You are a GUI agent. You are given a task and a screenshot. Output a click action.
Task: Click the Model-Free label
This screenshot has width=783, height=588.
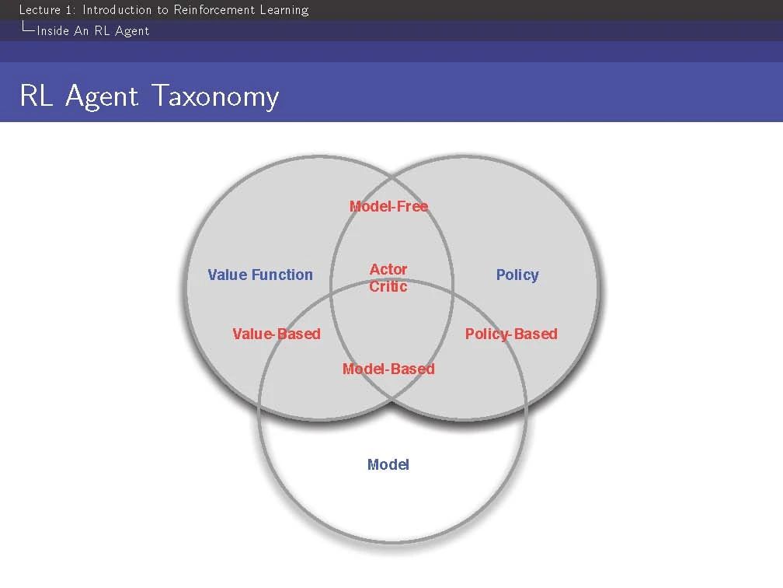(x=388, y=206)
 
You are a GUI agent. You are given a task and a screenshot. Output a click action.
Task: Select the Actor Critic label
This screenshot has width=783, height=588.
(x=388, y=278)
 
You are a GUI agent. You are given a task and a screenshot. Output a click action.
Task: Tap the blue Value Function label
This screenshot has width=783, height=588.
(x=260, y=275)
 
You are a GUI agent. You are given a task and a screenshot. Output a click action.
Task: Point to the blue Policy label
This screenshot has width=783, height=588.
(x=517, y=275)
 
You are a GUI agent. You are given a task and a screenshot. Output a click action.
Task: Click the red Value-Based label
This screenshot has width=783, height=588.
(x=277, y=334)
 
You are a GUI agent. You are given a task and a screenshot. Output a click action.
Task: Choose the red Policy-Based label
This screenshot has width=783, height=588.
(x=511, y=334)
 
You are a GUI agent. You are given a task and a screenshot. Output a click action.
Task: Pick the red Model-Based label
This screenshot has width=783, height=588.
(x=388, y=369)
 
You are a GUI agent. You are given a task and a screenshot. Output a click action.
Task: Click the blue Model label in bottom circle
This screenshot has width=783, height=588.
(x=388, y=464)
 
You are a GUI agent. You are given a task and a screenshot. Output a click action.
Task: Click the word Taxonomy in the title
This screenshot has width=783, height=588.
(x=214, y=96)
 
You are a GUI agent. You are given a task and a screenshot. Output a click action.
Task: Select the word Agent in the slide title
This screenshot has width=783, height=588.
(x=101, y=96)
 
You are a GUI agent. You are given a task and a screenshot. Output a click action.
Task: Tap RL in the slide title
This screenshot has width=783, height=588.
(x=37, y=96)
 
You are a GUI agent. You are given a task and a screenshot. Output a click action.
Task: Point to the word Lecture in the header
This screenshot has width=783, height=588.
(x=40, y=9)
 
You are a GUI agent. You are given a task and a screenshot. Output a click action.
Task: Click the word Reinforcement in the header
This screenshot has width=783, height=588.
(x=214, y=9)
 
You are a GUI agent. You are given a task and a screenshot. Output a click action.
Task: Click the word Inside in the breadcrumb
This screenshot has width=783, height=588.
(x=53, y=31)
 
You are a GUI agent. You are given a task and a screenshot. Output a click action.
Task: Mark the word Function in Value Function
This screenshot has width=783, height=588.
(x=282, y=275)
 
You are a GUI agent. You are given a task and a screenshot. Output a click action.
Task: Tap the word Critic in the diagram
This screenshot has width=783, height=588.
(x=388, y=286)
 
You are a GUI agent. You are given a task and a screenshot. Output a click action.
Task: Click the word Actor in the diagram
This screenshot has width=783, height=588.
(x=388, y=269)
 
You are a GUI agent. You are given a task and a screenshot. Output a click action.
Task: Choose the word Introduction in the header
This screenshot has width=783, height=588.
(x=117, y=9)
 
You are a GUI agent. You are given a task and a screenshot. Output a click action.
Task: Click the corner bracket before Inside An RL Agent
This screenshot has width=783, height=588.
(x=28, y=28)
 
